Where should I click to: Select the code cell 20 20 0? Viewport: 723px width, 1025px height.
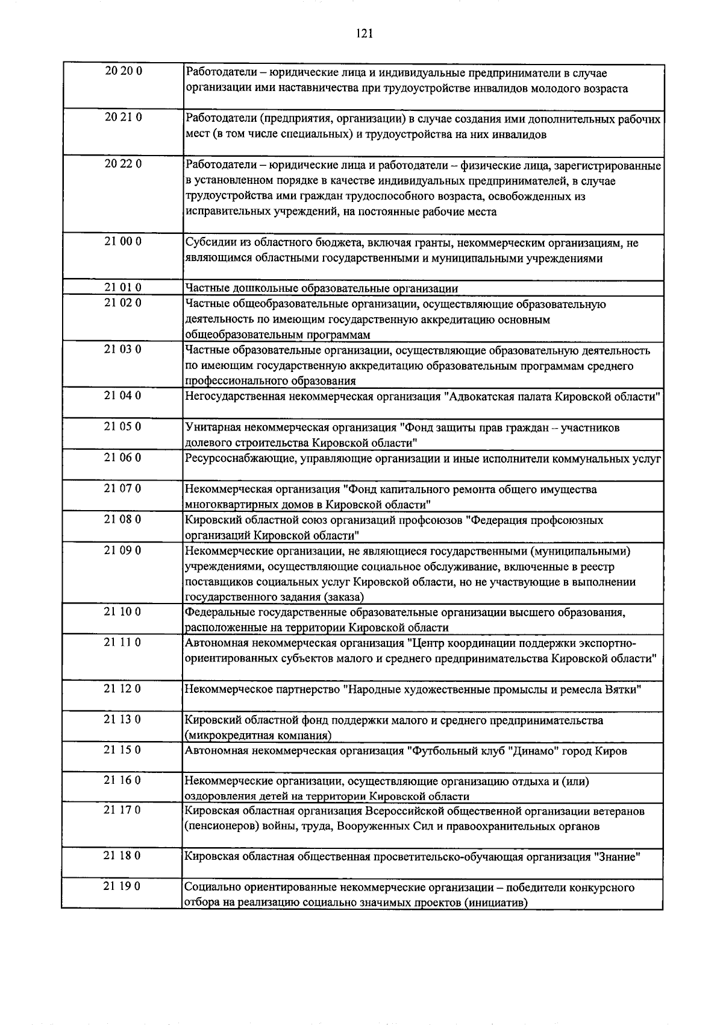[123, 72]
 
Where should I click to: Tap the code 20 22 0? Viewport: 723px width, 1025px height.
[123, 164]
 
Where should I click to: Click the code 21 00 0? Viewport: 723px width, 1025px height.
[123, 242]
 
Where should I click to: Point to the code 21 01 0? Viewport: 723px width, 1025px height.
[123, 288]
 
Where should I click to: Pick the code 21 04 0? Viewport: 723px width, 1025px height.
[123, 396]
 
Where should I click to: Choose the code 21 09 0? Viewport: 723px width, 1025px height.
[123, 550]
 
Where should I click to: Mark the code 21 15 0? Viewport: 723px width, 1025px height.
[123, 750]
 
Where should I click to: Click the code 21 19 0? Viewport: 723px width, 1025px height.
[123, 886]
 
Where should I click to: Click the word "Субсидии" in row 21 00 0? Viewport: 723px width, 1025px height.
[207, 243]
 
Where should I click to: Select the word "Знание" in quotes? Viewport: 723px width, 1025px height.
[618, 857]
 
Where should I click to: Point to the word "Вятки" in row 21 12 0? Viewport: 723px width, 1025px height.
[622, 690]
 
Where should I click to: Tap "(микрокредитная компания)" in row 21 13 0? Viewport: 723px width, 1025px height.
[258, 736]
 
